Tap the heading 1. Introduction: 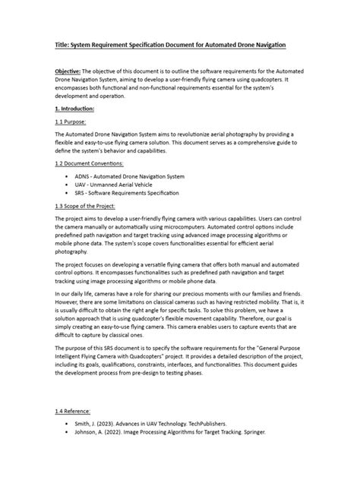click(x=74, y=109)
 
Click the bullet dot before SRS click(x=68, y=193)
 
